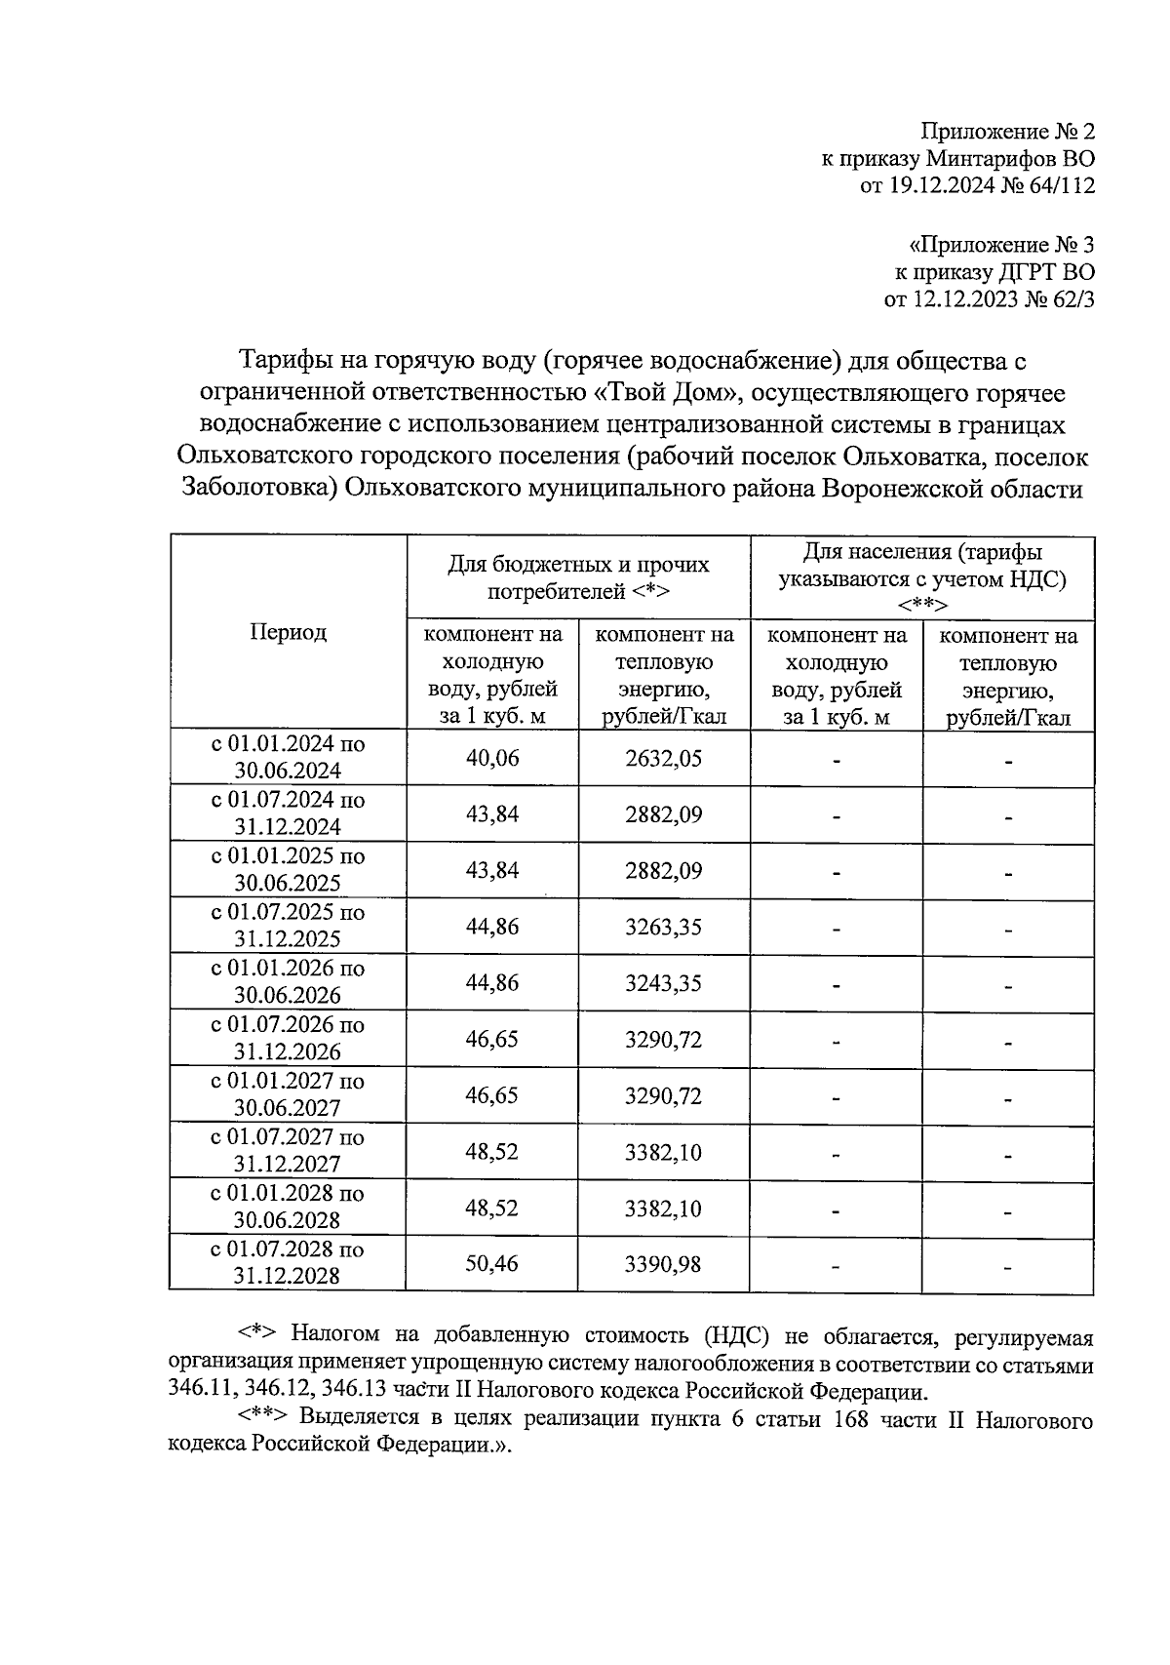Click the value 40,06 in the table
point(492,758)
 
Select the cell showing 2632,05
point(663,758)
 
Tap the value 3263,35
point(663,927)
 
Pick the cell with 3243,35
point(663,983)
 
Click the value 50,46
point(492,1264)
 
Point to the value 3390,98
point(663,1265)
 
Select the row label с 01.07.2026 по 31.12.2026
point(288,1038)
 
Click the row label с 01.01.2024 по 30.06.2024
point(288,757)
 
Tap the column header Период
point(288,632)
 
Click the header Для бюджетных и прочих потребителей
point(578,577)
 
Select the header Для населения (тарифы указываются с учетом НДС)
point(921,577)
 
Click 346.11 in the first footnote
point(197,1392)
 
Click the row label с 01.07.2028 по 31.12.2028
point(288,1262)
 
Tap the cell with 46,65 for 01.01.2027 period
point(492,1095)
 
